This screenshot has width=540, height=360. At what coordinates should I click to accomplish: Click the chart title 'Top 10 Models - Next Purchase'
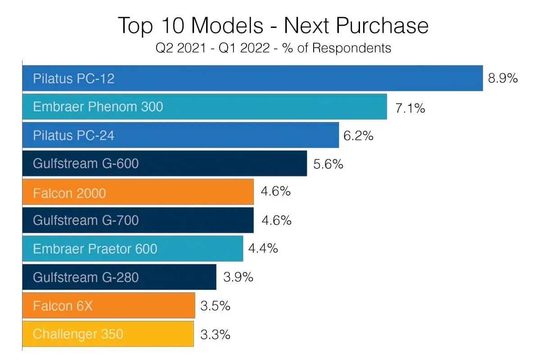pos(273,26)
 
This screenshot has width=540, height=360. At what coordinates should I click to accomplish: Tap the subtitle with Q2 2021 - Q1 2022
pos(273,48)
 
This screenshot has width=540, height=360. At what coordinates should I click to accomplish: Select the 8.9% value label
pos(503,78)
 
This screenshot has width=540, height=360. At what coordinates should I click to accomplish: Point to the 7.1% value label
pos(410,108)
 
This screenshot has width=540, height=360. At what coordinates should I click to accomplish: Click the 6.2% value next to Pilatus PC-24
pos(359,136)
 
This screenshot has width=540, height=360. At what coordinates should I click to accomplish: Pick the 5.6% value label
pos(328,164)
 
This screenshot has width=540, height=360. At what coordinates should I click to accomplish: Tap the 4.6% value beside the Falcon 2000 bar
pos(276,191)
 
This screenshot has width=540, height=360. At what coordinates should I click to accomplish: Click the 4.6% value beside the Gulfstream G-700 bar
pos(276,220)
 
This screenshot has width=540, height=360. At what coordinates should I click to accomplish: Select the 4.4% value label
pos(263,248)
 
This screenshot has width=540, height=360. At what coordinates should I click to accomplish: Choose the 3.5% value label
pos(216,306)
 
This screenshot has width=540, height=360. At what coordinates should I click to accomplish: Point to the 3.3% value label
pos(216,335)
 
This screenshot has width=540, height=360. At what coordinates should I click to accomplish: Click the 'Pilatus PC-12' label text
pos(74,79)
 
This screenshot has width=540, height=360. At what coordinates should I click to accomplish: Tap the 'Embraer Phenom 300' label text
pos(98,107)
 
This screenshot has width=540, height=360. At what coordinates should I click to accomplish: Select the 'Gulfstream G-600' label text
pos(86,163)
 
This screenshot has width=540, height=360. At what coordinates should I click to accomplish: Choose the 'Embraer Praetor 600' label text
pos(95,249)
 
